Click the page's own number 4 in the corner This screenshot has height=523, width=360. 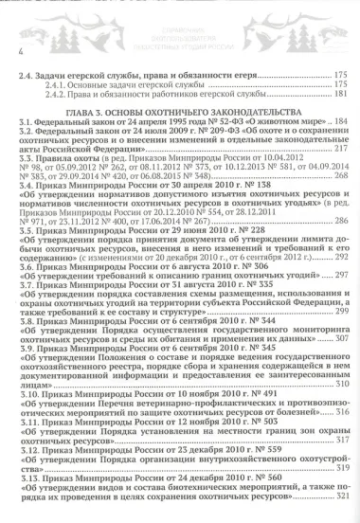19,45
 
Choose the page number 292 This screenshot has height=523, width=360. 341,257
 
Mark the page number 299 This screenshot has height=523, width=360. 341,311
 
